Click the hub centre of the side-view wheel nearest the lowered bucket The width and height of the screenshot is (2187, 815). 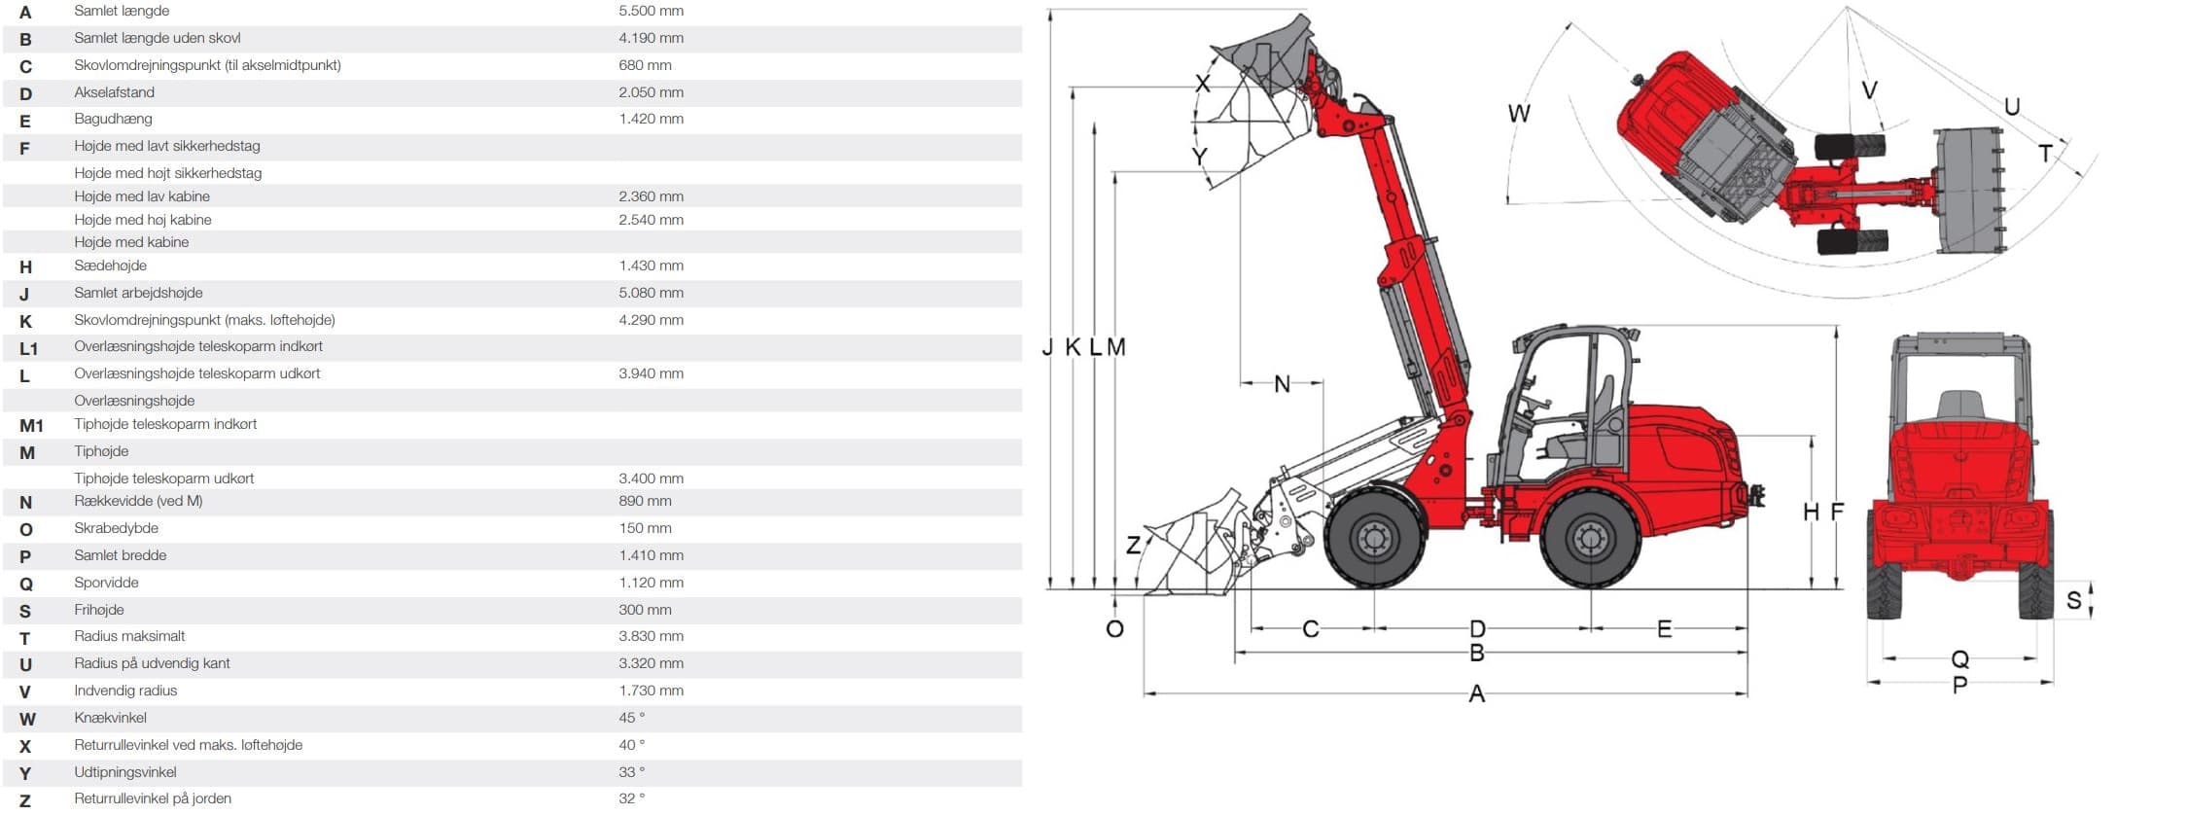point(1373,537)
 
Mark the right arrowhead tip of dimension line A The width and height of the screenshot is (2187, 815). point(1747,693)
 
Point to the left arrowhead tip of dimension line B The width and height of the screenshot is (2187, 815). point(1235,653)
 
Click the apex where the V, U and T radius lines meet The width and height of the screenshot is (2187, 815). point(1847,8)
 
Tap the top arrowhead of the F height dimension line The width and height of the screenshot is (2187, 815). point(1836,327)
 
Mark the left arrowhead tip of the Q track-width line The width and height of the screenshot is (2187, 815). point(1884,658)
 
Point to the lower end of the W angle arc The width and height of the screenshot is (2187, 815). point(1508,201)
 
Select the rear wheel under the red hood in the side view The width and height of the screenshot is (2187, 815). point(1590,537)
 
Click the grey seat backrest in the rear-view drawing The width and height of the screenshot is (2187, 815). point(1959,405)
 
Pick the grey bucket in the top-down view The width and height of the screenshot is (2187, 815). point(1969,190)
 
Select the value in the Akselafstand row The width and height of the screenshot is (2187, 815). point(651,92)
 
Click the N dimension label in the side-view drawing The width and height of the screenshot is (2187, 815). point(1282,384)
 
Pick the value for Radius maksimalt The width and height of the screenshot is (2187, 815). point(651,636)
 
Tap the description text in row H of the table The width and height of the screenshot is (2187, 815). point(110,266)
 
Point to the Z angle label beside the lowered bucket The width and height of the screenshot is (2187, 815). point(1133,545)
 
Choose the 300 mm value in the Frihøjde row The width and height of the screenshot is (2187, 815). point(645,610)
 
